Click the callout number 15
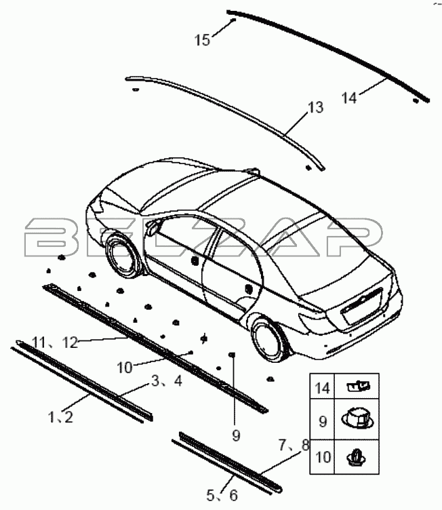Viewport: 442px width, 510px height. coord(202,40)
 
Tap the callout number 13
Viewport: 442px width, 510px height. coord(315,108)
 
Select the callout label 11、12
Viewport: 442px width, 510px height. coord(56,342)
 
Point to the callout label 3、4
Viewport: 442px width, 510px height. coord(167,381)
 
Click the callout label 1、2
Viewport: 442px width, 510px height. coord(61,417)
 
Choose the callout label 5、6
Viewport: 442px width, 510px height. coord(222,496)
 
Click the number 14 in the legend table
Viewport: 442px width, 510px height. coord(322,388)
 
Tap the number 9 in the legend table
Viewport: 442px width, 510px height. coord(323,422)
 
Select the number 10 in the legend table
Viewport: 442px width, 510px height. coord(323,457)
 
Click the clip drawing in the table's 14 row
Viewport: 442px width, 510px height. coord(358,387)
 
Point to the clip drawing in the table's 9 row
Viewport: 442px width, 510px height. coord(357,419)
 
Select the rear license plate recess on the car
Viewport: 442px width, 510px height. coord(362,305)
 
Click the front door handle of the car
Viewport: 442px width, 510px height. coord(195,260)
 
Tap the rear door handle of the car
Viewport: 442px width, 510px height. coord(249,288)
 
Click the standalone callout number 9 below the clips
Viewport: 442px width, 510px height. coord(236,435)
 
